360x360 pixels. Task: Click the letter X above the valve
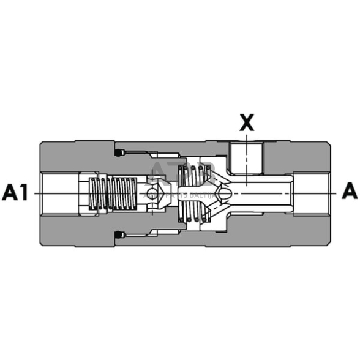[x=246, y=124]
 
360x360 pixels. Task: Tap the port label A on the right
[x=349, y=192]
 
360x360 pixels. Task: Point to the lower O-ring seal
[x=117, y=234]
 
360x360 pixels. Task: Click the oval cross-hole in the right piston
[x=227, y=193]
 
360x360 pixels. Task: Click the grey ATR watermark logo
[x=171, y=174]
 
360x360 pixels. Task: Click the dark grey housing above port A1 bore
[x=61, y=156]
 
